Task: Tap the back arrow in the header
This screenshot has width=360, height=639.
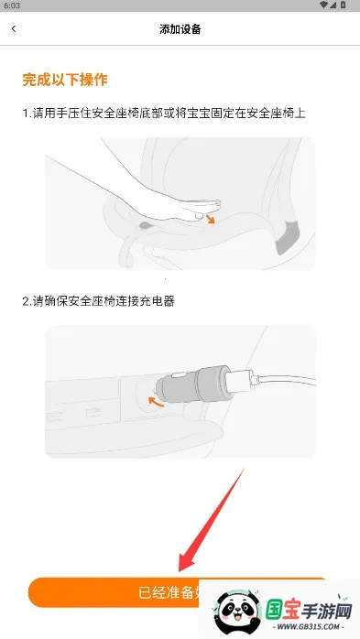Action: [14, 29]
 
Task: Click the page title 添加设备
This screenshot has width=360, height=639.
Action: [180, 29]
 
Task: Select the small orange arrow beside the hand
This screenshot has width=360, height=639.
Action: [212, 219]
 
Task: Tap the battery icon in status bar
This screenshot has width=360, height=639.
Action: [349, 5]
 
